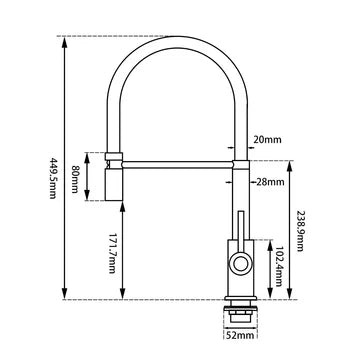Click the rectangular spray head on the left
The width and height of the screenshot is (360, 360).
tap(113, 176)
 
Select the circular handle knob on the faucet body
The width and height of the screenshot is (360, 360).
tap(240, 264)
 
